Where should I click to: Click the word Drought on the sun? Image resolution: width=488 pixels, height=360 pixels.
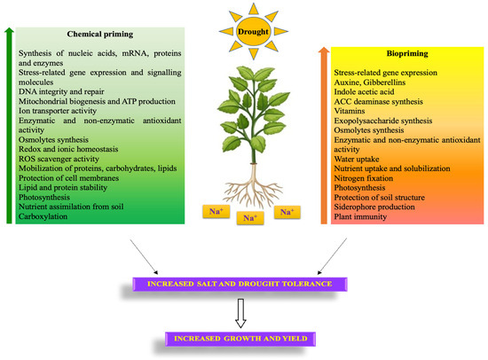click(x=243, y=32)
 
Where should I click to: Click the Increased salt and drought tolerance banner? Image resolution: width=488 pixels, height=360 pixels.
click(x=243, y=284)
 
